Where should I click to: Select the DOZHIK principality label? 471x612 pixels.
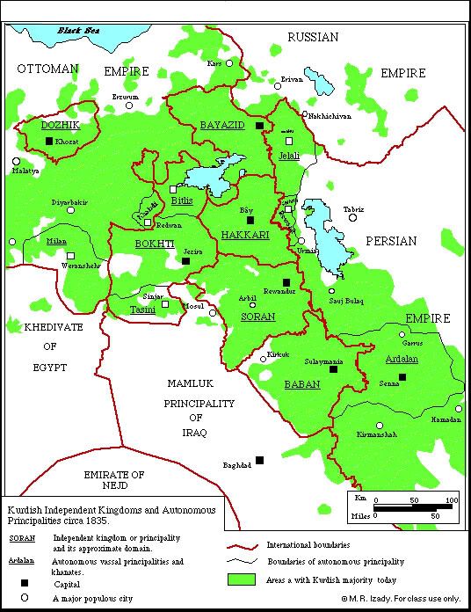61,126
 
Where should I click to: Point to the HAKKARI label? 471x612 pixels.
245,235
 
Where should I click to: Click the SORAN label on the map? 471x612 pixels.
258,317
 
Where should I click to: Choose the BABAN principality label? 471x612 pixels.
302,385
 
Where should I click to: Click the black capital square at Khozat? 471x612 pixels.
48,140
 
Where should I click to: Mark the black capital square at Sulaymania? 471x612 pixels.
333,369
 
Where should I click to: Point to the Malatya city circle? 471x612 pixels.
16,161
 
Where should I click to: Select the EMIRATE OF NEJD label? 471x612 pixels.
113,480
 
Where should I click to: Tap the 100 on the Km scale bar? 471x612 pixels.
451,501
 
